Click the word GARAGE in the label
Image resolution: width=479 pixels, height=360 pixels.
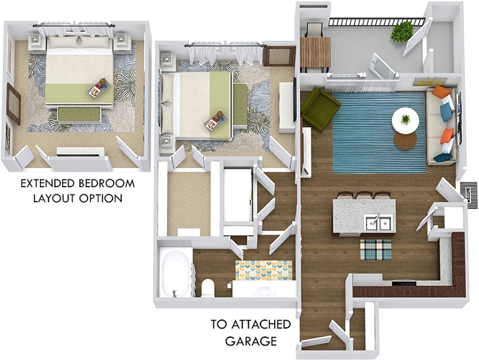coord(252,341)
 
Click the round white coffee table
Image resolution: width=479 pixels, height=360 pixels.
coord(406,122)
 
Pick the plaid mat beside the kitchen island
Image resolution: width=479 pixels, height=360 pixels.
coord(376,250)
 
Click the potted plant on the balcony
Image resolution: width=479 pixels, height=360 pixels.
coord(402,30)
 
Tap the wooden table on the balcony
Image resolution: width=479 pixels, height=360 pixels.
coord(315,52)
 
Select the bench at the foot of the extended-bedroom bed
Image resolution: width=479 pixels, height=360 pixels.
coord(76,115)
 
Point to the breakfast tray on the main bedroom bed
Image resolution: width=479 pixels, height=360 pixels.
coord(216,121)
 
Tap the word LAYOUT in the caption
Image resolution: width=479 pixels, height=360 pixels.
coord(58,198)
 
